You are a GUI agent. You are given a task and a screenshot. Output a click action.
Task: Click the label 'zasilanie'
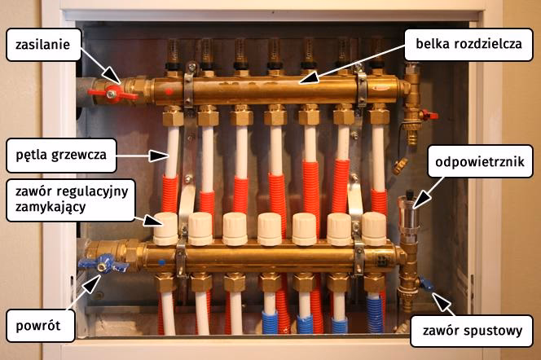[x=42, y=46]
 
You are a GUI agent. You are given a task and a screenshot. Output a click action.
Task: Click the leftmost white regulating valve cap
[x=165, y=228]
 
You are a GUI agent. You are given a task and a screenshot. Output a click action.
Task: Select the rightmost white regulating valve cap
[x=373, y=228]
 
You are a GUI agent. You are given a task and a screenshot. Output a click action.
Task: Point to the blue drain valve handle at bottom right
[x=427, y=285]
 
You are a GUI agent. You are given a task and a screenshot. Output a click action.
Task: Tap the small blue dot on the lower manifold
[x=161, y=262]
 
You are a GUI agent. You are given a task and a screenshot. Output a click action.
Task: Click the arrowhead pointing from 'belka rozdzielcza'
[x=299, y=82]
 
